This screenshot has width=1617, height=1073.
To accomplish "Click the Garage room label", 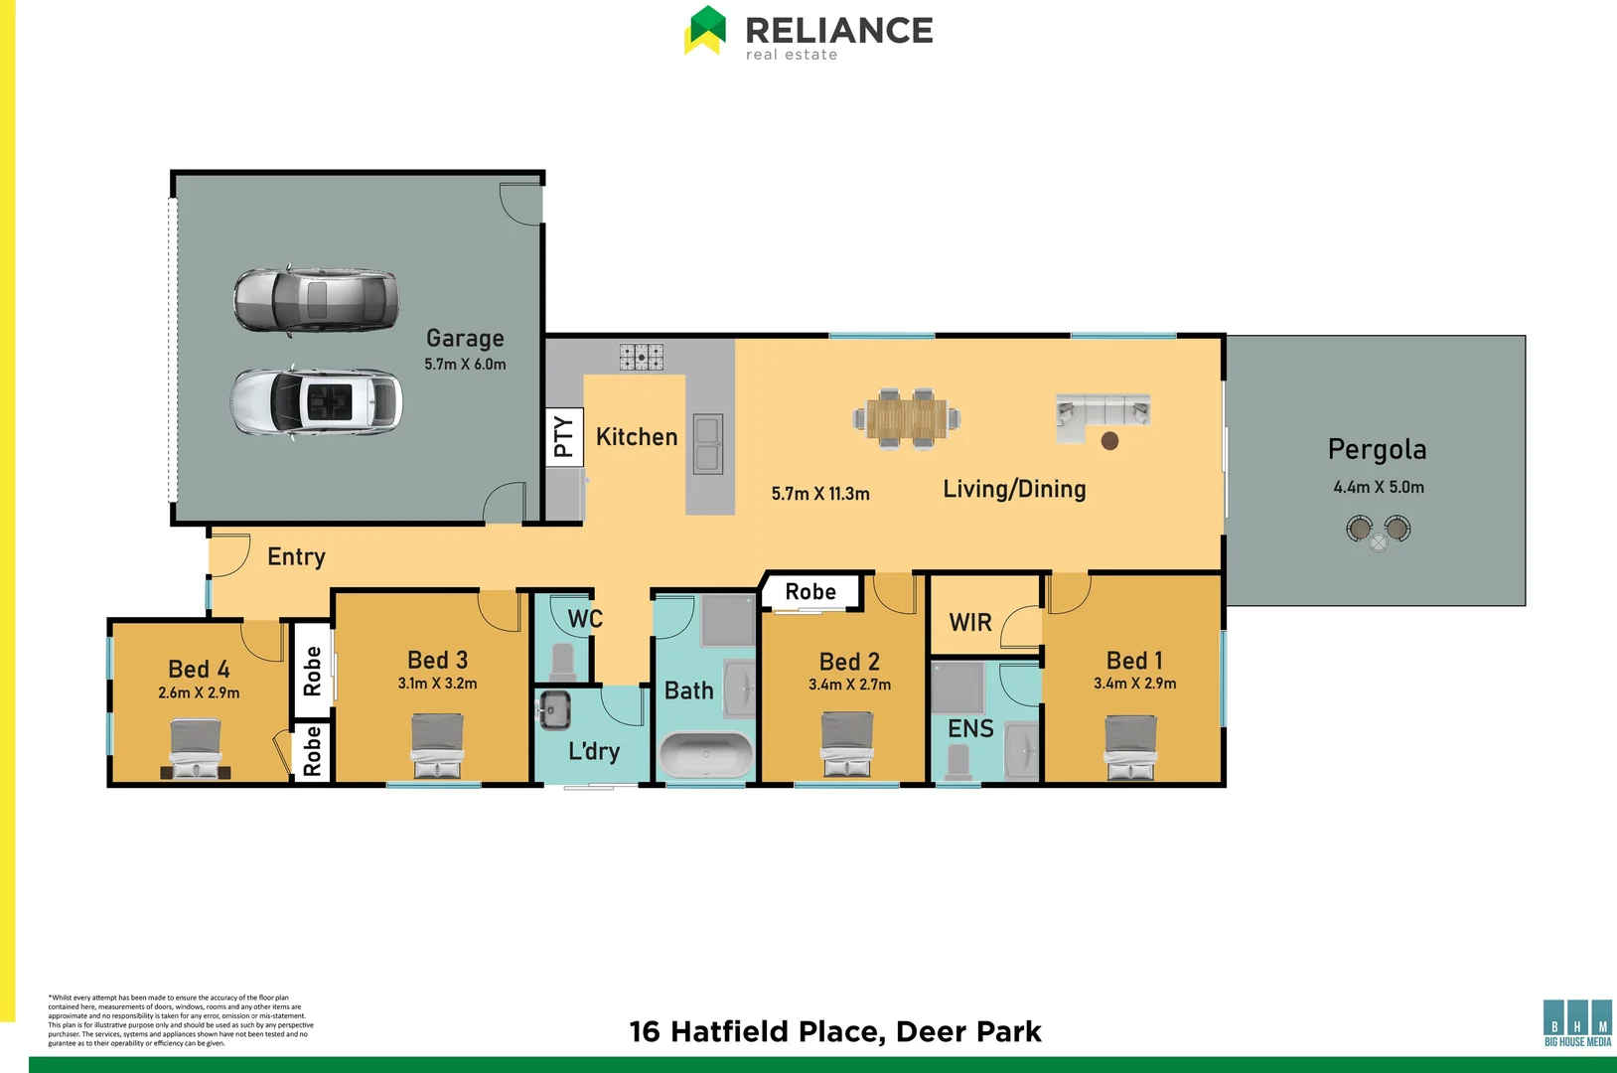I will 465,339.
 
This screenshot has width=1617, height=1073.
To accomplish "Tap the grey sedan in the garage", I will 316,299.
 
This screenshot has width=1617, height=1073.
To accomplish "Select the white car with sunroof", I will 317,401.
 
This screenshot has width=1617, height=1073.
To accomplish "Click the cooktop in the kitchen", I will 641,357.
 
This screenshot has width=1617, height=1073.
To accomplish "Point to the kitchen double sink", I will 707,444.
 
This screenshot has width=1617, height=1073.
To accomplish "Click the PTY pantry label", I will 562,436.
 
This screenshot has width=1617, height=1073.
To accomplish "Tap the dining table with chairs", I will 906,418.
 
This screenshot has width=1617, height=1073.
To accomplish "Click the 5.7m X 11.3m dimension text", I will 820,494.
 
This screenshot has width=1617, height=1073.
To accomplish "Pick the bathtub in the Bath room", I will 706,755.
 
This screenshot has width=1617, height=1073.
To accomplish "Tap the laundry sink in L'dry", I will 553,709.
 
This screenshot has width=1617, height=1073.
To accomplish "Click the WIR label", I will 970,623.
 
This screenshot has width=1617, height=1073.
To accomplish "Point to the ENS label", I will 970,729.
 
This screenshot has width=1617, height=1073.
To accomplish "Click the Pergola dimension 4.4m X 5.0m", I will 1378,488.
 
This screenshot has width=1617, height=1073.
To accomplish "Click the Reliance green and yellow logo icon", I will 705,30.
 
